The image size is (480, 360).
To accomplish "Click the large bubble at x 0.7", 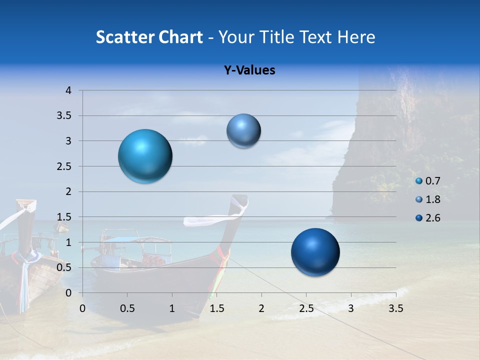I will (145, 156).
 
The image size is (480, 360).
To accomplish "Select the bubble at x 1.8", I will (243, 130).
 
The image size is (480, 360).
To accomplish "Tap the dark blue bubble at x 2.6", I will (315, 252).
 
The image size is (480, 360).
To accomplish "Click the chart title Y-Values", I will (249, 70).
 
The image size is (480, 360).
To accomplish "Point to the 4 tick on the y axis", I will (68, 90).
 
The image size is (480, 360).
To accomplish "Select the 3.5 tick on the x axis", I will (396, 308).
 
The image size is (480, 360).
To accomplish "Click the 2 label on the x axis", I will (261, 308).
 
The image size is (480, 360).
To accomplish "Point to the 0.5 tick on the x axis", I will (127, 308).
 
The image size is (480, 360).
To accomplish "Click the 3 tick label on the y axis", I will (68, 141).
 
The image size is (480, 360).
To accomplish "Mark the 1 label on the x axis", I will (172, 308).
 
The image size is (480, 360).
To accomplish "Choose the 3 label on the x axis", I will (351, 308).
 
